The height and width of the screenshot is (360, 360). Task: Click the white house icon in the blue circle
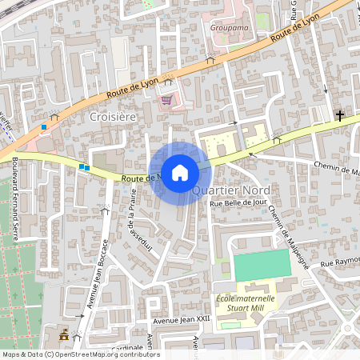(x=180, y=173)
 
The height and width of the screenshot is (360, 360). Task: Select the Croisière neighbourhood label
(x=113, y=116)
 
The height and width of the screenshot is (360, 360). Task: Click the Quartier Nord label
(x=230, y=190)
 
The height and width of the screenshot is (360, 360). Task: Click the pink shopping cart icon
(x=166, y=100)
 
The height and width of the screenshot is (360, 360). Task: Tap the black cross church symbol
(x=340, y=116)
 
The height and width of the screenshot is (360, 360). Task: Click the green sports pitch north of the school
(x=262, y=266)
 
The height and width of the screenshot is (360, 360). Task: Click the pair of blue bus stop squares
(x=84, y=167)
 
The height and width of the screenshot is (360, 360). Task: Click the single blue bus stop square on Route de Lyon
(x=44, y=126)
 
